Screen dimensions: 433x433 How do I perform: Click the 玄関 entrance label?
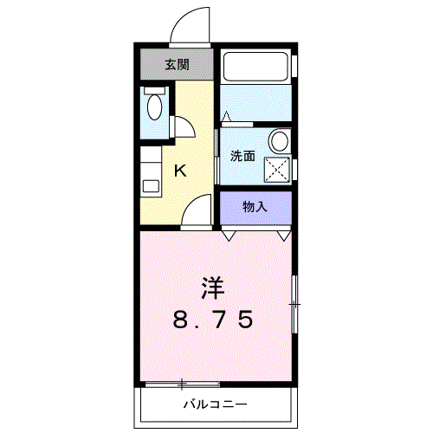177,65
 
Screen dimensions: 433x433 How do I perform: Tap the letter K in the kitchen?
180,171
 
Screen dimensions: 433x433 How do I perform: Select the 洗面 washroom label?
242,156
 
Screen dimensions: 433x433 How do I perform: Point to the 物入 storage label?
255,207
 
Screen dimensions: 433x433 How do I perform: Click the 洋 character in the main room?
213,288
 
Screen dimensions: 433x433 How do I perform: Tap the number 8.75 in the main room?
213,320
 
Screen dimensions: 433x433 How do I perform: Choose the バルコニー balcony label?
216,404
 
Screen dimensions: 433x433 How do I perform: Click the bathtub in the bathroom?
255,67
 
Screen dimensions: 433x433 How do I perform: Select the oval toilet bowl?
155,107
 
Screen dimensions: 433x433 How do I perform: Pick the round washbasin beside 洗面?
279,140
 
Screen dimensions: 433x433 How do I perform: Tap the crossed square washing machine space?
277,170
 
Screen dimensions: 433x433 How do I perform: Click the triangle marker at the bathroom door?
226,116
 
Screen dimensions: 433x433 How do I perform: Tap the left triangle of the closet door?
229,236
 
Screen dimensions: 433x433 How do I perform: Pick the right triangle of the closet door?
283,236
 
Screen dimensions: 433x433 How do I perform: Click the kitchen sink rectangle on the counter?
151,186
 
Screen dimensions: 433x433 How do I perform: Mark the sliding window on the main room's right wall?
294,304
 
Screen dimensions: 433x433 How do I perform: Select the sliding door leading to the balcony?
183,385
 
